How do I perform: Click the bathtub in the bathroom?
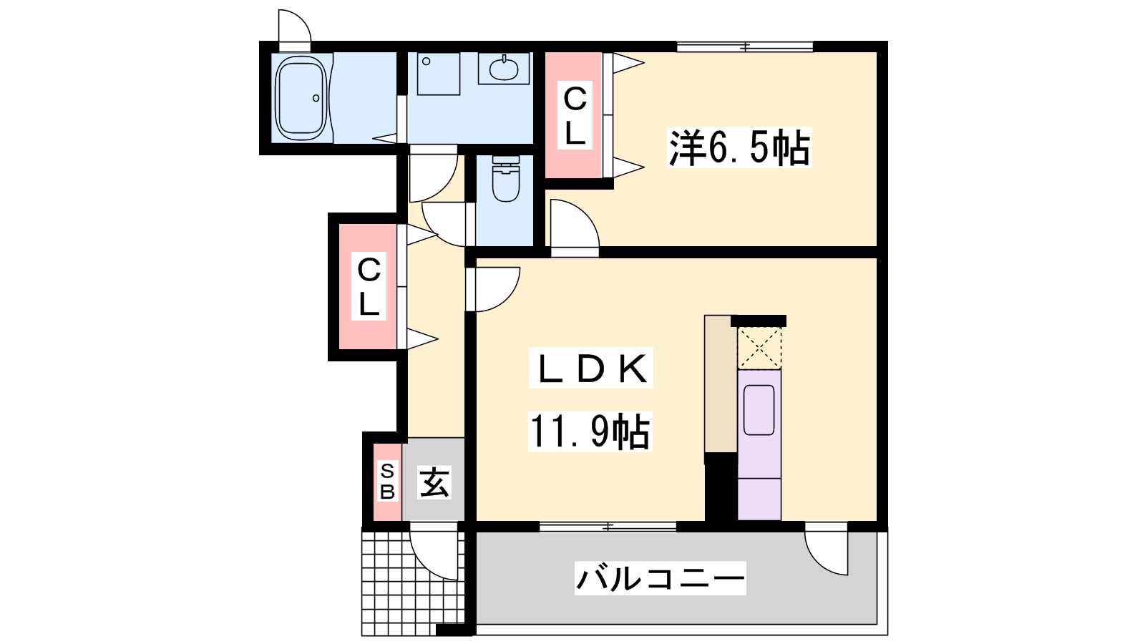coord(301,98)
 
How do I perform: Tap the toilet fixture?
coord(505,179)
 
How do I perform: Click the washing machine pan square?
coord(439,74)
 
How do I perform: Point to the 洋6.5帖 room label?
coord(739,147)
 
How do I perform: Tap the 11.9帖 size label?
coord(590,432)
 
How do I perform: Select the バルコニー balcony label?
coord(660,578)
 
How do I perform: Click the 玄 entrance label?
coord(434,482)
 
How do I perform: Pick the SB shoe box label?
coord(387,482)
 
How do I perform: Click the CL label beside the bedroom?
coord(575,115)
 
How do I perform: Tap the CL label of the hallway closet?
coord(369,287)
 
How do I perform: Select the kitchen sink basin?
coord(759,410)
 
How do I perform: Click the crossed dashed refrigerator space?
coord(759,348)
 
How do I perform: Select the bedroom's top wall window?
coord(745,47)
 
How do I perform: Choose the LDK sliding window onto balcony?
coord(608,527)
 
